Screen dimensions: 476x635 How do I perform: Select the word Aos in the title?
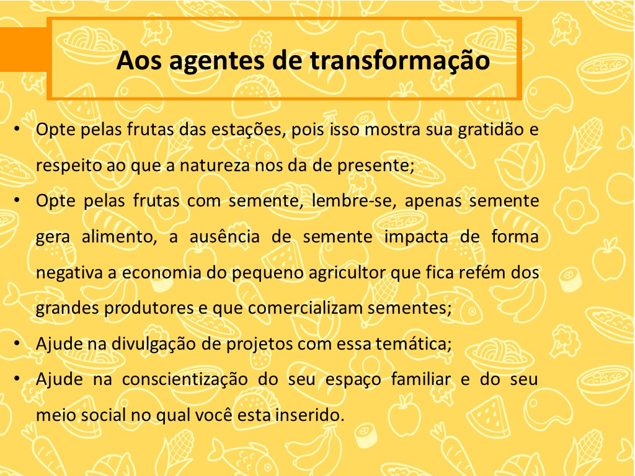click(139, 61)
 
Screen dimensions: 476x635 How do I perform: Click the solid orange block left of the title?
click(24, 50)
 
